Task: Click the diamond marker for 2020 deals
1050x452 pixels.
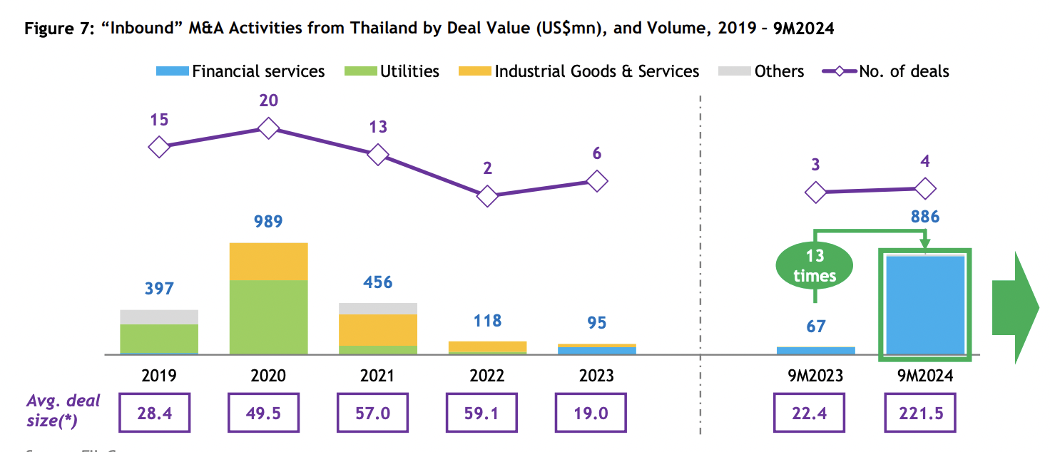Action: pos(268,128)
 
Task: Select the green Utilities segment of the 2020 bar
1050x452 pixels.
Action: pos(268,317)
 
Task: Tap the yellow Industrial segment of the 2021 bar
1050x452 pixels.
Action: pos(378,329)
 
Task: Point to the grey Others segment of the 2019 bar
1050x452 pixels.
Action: pos(159,317)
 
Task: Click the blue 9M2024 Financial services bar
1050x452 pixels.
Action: pos(925,304)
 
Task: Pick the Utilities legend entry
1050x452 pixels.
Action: pos(392,71)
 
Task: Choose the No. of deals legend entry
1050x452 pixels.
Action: pos(887,71)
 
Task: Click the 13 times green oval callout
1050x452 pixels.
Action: pos(815,266)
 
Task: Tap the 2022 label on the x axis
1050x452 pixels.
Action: pos(487,375)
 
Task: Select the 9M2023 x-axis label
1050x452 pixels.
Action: pos(815,375)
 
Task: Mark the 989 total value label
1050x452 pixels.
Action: pos(268,221)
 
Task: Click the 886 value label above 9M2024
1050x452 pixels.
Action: pos(925,217)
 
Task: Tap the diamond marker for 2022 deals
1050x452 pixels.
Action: pos(487,195)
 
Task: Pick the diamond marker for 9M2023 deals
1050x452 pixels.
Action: pos(815,192)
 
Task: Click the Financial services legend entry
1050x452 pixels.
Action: pos(240,71)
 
